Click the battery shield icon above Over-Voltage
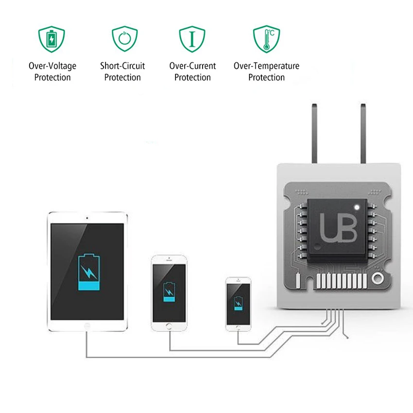click(x=52, y=39)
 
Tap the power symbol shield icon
click(x=124, y=39)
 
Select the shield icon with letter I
click(x=192, y=39)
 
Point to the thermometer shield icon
click(x=267, y=39)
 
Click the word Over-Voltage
click(x=52, y=66)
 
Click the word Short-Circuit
click(x=122, y=66)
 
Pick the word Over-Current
click(x=192, y=66)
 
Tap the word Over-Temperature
click(x=267, y=66)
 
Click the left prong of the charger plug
click(x=314, y=133)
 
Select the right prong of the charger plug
click(x=363, y=133)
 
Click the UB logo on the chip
click(x=338, y=227)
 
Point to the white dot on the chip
click(x=357, y=207)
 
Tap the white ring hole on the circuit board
click(x=378, y=278)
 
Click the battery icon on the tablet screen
click(x=89, y=272)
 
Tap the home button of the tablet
click(x=87, y=326)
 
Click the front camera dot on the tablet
click(x=87, y=218)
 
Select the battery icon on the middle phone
click(x=169, y=292)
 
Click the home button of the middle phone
click(x=169, y=327)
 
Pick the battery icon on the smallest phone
click(x=239, y=303)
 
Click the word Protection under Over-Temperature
click(x=267, y=77)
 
